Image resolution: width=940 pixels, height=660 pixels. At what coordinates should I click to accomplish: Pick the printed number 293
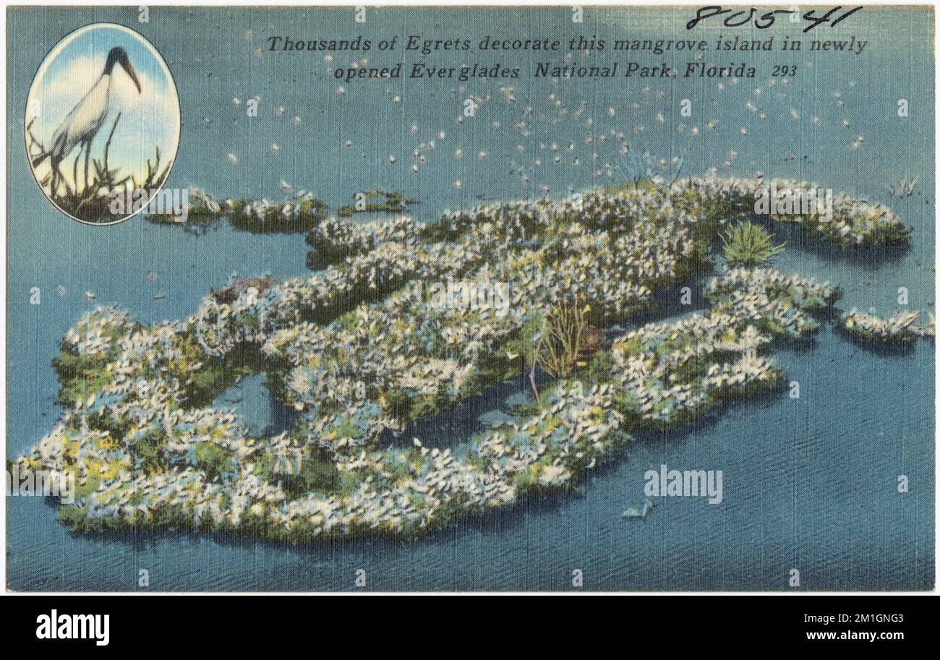784,72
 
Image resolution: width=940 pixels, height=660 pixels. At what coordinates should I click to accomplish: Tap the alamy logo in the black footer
72,627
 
